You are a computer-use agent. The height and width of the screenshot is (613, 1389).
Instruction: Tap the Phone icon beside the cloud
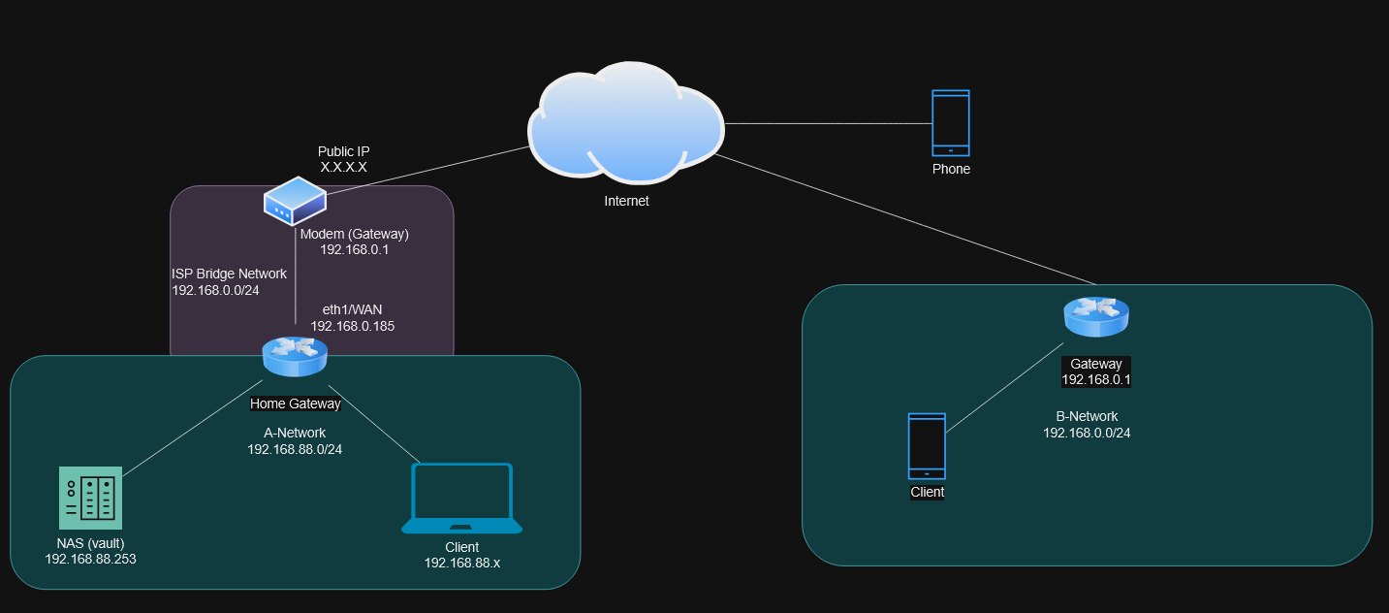950,122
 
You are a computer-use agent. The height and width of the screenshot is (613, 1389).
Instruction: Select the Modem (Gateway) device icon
295,201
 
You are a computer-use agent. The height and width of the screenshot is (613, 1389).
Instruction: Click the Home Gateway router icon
295,356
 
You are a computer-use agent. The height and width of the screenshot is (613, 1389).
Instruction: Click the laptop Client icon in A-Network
461,499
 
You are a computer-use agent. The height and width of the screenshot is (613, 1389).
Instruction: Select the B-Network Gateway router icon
1096,316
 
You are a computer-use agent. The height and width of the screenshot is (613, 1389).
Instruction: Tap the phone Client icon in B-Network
927,446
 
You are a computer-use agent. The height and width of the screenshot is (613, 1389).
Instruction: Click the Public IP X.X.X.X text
343,160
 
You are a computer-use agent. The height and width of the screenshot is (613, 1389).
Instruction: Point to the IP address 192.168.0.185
352,327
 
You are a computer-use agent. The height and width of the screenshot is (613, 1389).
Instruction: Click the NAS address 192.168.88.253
90,559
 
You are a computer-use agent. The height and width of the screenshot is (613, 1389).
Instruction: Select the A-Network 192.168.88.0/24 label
295,441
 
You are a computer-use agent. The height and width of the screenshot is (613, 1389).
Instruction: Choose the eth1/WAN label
352,309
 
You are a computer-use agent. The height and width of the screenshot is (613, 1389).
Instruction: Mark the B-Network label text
1087,416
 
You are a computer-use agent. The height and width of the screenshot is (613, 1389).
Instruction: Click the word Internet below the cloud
626,202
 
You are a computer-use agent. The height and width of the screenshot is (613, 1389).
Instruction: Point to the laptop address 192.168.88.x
461,563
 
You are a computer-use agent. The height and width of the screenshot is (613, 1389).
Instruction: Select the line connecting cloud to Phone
824,124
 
